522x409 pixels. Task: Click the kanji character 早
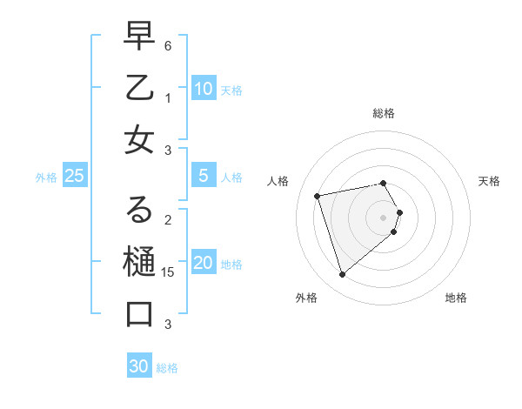pos(138,36)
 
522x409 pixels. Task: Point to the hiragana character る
pos(138,210)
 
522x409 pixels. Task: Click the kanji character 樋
pos(138,261)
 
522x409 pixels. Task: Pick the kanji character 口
pos(138,312)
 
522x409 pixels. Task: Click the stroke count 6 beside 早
pos(168,44)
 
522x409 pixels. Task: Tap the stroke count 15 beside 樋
pos(169,272)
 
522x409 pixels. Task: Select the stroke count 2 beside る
pos(168,219)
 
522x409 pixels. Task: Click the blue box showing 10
pos(203,89)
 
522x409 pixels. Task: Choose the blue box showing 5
pos(203,176)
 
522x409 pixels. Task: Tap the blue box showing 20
pos(203,264)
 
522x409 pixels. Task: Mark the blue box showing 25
pos(74,176)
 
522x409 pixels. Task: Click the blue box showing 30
pos(139,366)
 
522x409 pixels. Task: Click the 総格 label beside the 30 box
pos(167,368)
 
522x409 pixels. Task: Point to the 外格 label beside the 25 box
pos(46,178)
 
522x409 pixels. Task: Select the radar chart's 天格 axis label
pos(489,181)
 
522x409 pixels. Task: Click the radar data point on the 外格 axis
pos(342,274)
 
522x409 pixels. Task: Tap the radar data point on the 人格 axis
pos(318,195)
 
